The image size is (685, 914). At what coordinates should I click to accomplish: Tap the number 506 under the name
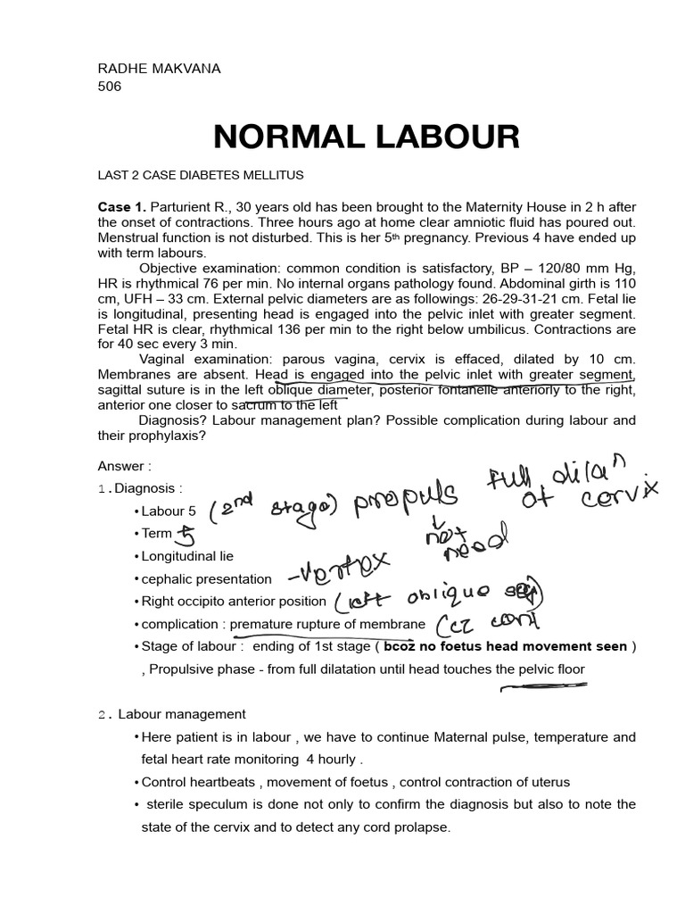coord(110,87)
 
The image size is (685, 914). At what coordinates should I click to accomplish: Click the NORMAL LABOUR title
coord(366,137)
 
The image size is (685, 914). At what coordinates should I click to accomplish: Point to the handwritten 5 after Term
coord(186,535)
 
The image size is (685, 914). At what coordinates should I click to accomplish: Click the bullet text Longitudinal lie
coord(187,556)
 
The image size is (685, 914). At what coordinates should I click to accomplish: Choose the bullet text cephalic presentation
coord(206,578)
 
